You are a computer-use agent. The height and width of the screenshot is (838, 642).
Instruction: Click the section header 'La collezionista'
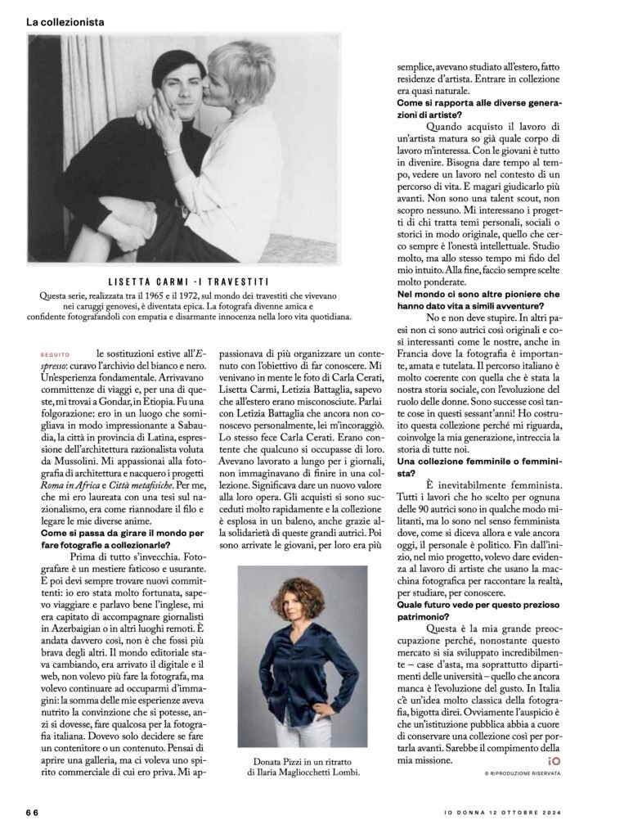pos(65,23)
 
